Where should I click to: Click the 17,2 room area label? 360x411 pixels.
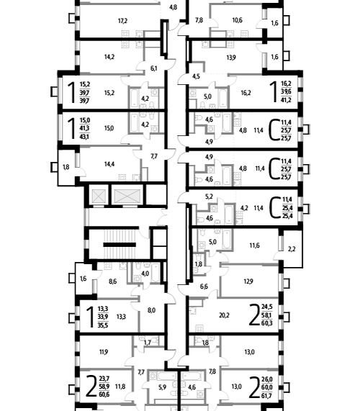(122, 21)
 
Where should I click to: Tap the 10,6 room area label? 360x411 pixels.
(238, 20)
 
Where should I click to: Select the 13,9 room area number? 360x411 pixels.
(231, 58)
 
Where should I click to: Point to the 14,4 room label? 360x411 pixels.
(109, 164)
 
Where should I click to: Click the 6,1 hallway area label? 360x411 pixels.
(154, 68)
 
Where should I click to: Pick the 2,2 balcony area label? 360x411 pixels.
(292, 249)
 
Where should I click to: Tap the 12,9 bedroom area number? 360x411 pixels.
(248, 281)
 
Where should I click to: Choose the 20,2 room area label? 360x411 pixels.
(224, 315)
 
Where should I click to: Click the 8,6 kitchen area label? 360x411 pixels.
(113, 281)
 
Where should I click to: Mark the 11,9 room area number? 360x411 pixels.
(104, 352)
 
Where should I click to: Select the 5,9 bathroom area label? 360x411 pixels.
(163, 387)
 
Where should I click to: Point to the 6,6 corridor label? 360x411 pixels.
(204, 286)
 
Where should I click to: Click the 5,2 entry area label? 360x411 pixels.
(209, 197)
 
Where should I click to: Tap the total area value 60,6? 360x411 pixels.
(104, 394)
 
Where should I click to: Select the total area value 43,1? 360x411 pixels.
(84, 137)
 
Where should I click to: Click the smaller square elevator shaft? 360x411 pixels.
(99, 195)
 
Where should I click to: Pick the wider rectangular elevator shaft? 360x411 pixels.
(127, 195)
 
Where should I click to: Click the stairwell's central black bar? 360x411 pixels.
(120, 245)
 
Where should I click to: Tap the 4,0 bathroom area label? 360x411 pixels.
(145, 274)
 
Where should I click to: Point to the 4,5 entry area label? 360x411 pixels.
(196, 76)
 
